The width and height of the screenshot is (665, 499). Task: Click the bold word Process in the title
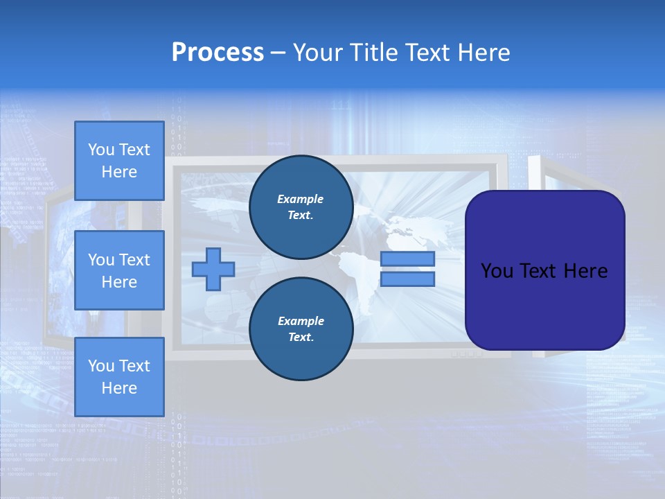(x=218, y=53)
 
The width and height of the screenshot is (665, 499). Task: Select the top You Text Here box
(x=119, y=161)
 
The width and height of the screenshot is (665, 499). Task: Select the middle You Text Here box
(x=119, y=270)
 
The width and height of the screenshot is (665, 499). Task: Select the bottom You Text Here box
(x=119, y=376)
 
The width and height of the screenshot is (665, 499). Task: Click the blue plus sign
(x=213, y=270)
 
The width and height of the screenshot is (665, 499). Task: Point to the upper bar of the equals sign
(x=407, y=259)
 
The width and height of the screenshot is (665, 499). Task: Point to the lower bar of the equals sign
(x=407, y=279)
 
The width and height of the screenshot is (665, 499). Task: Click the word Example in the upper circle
(x=301, y=199)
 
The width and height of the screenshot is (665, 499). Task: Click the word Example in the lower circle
(x=301, y=321)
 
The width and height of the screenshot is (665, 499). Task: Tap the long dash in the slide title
(x=278, y=53)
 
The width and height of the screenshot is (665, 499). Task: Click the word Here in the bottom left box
(x=119, y=388)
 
